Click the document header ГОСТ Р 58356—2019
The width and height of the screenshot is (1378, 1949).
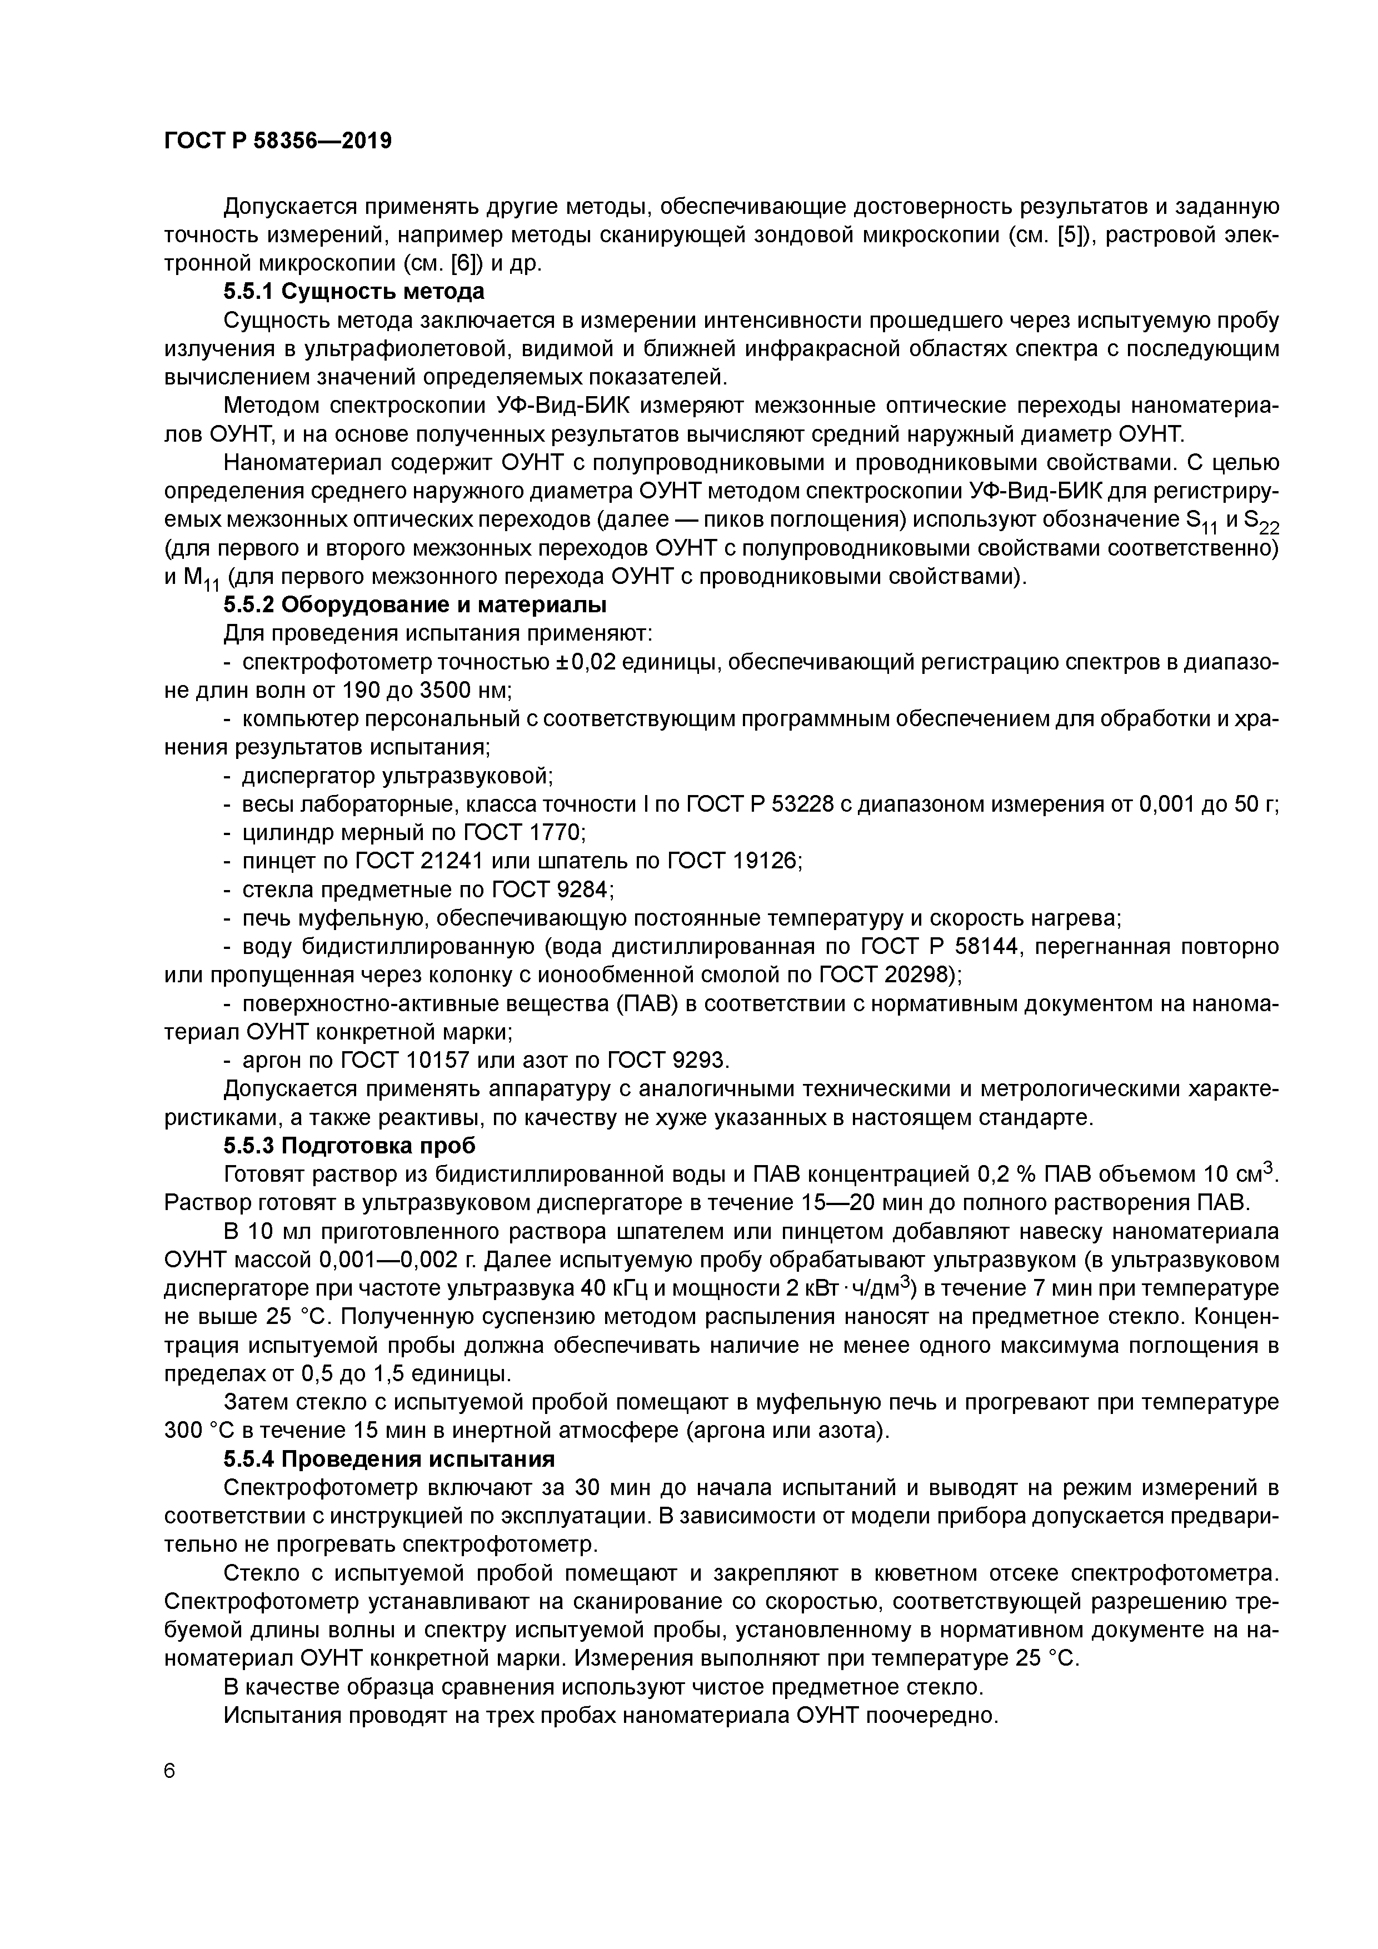pyautogui.click(x=278, y=141)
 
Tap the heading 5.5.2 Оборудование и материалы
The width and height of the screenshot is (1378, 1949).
pyautogui.click(x=415, y=605)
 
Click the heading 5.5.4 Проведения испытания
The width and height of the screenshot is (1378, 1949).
pyautogui.click(x=389, y=1458)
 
